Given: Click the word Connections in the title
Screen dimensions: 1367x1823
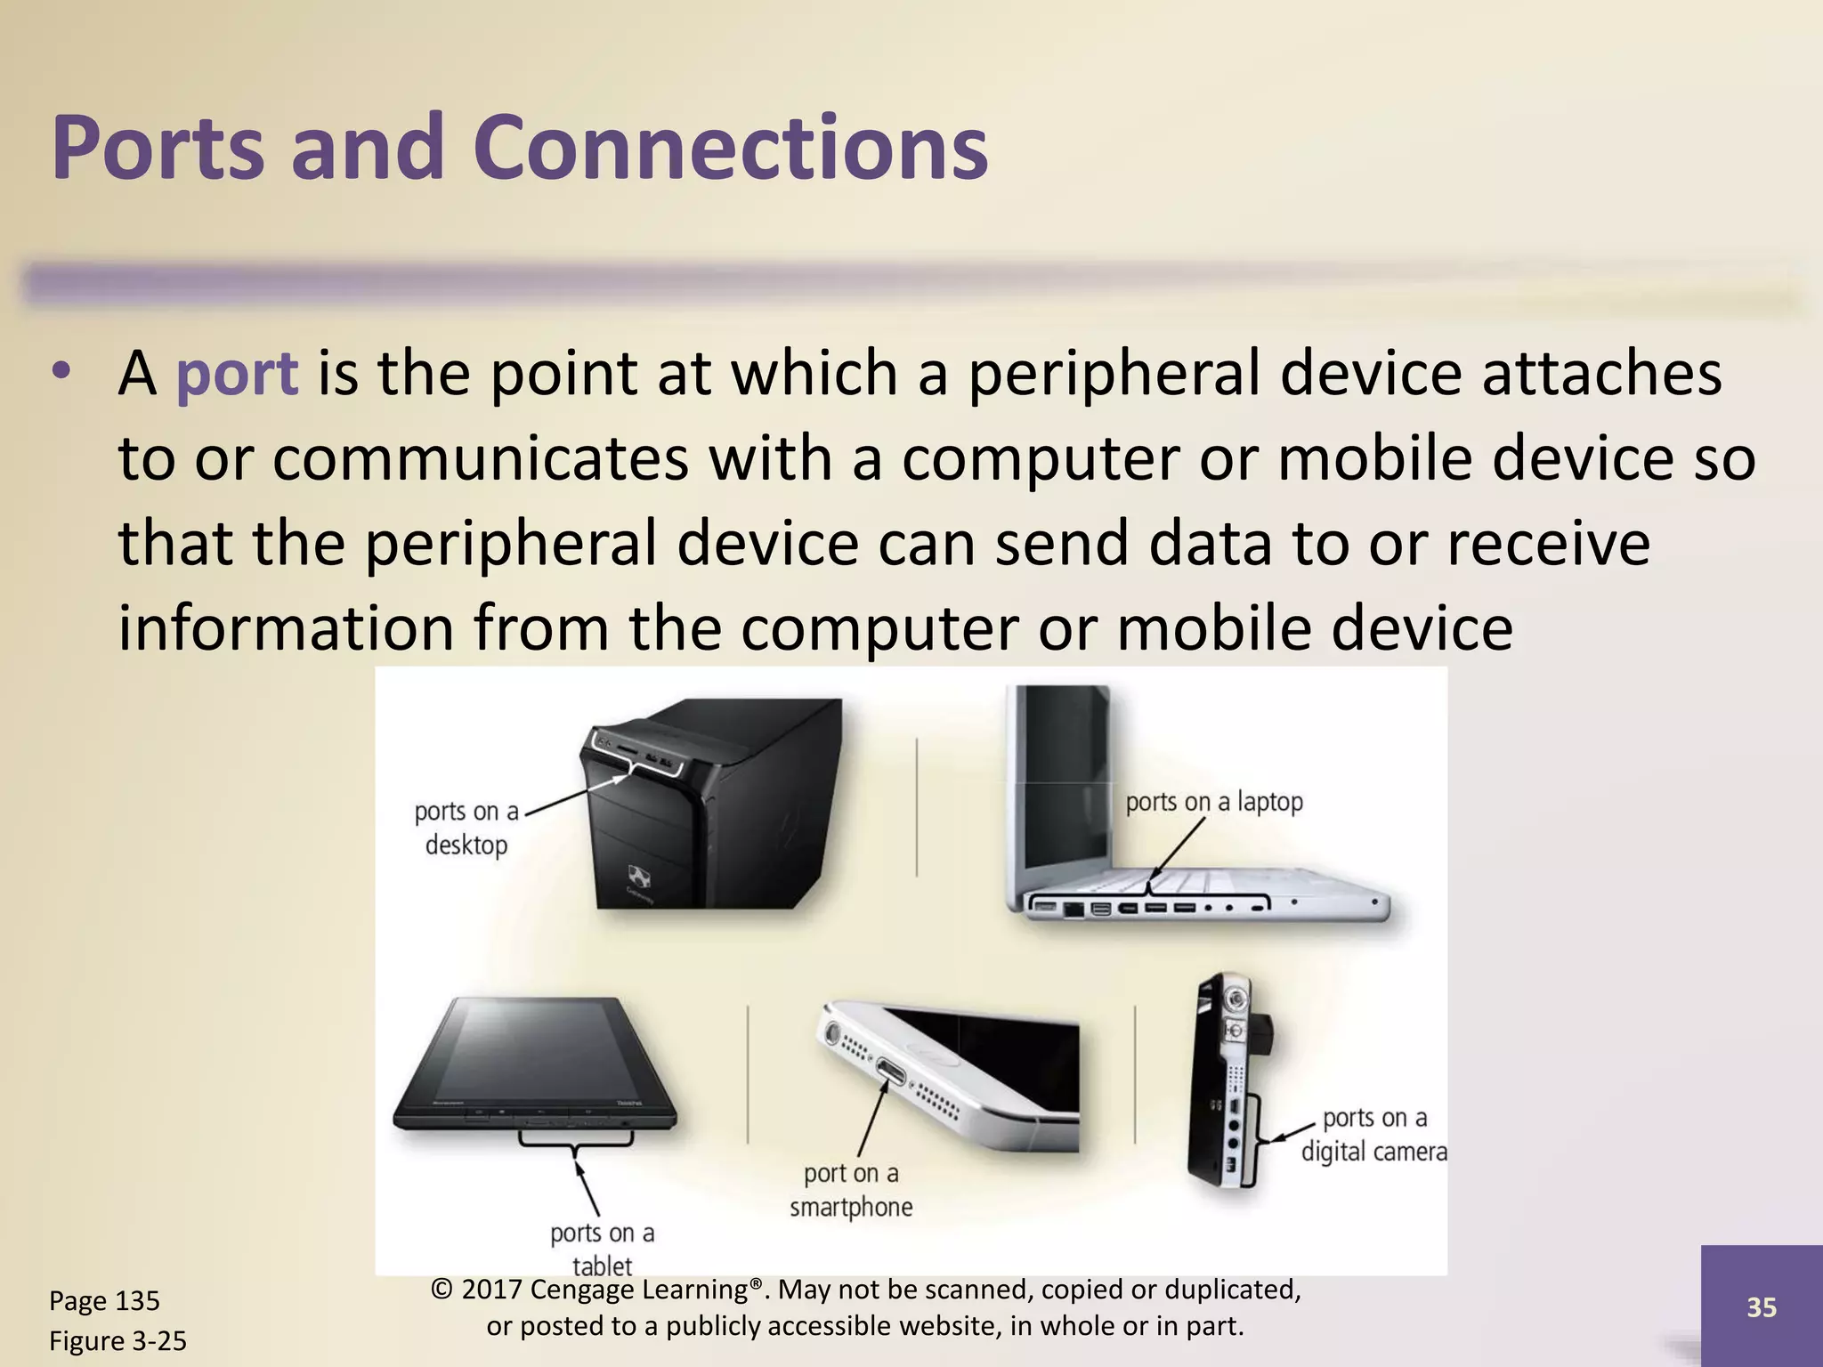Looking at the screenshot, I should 730,149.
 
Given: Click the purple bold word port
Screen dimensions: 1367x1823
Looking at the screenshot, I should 237,374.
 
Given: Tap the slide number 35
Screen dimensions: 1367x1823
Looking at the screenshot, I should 1762,1307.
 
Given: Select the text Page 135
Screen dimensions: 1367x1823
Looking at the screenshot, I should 104,1301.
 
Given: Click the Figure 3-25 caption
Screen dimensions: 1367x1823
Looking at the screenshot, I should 117,1341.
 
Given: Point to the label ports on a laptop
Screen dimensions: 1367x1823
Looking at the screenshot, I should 1213,802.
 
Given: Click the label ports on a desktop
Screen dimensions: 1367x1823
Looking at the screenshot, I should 466,829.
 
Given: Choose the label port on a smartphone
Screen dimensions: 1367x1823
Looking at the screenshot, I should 851,1190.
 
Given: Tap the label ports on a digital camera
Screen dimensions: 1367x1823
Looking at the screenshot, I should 1373,1135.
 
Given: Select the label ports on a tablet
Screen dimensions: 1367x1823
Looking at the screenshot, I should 602,1249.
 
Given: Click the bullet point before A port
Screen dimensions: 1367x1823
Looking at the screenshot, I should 60,371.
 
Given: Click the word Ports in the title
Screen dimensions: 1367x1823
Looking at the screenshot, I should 158,149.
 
